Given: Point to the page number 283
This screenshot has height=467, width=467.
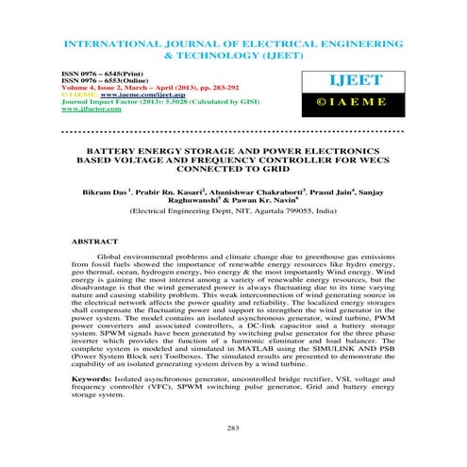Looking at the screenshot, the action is coord(233,429).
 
